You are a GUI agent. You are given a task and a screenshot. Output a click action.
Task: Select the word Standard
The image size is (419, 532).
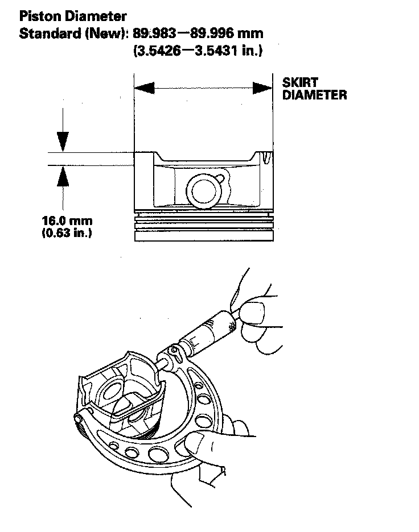pyautogui.click(x=45, y=34)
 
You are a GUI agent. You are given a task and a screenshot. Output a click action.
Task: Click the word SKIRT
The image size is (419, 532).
pyautogui.click(x=300, y=83)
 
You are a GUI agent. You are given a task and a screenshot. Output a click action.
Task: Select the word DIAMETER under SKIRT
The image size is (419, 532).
pyautogui.click(x=314, y=95)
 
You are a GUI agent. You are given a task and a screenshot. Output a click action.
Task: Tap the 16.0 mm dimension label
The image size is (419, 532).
pyautogui.click(x=67, y=221)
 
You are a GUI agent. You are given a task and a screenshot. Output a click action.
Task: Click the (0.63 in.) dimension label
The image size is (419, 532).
pyautogui.click(x=67, y=232)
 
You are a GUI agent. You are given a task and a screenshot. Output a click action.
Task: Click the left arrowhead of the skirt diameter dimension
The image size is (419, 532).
pyautogui.click(x=144, y=88)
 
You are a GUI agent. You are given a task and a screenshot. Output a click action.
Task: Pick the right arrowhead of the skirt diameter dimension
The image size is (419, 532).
pyautogui.click(x=262, y=88)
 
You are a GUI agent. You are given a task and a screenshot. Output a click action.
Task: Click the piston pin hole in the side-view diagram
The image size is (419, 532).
pyautogui.click(x=203, y=191)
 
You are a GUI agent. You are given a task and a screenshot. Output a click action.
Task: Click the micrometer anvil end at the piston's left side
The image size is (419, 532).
pyautogui.click(x=78, y=418)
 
